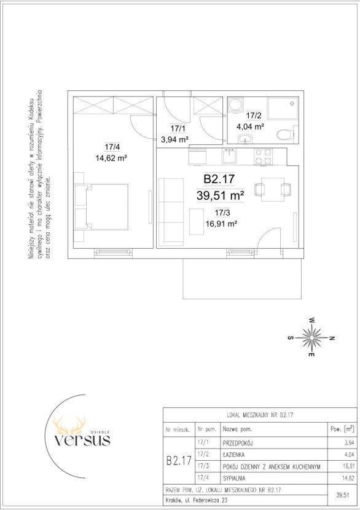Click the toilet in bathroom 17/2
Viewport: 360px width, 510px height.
coord(287,134)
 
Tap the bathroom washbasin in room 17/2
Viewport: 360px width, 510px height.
coord(245,139)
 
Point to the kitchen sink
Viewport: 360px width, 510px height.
coord(230,156)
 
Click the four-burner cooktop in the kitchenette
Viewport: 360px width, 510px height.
coord(263,156)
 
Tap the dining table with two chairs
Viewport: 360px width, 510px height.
coord(273,189)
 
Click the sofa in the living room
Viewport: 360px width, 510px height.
coord(171,211)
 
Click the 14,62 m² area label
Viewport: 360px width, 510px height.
coord(111,159)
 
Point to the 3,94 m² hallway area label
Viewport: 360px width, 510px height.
coord(175,140)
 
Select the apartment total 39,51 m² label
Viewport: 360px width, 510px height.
coord(220,196)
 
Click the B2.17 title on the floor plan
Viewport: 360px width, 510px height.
coord(219,179)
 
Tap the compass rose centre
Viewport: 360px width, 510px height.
coord(312,337)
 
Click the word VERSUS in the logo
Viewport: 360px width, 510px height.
coord(82,440)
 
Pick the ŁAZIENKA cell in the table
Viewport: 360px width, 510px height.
coord(233,455)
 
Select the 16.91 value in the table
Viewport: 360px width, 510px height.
coord(348,466)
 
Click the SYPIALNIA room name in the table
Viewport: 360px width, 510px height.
coord(234,479)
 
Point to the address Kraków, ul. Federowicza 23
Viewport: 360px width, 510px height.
coord(197,500)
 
